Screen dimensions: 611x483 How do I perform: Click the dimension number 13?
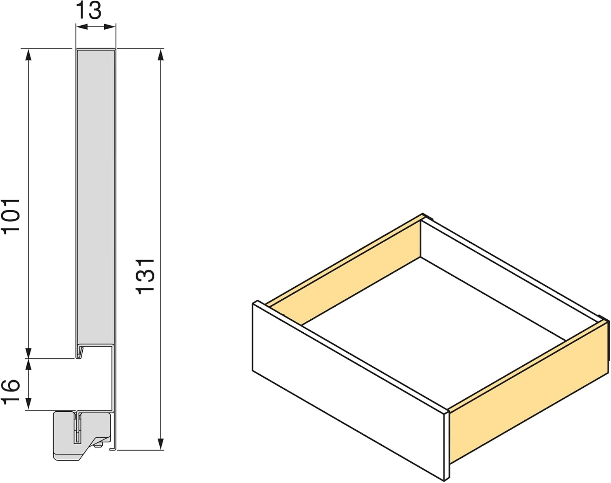pos(88,11)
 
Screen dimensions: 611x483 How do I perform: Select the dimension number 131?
pos(145,277)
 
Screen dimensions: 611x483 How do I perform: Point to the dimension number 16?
pos(11,391)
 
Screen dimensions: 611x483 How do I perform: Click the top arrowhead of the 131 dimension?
pos(161,55)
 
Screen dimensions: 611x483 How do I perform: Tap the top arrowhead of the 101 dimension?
pos(28,55)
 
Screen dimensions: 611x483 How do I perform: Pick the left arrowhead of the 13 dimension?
pos(81,27)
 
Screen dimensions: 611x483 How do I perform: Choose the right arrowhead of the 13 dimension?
pos(110,27)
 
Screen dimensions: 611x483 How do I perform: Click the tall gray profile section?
pos(96,199)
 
